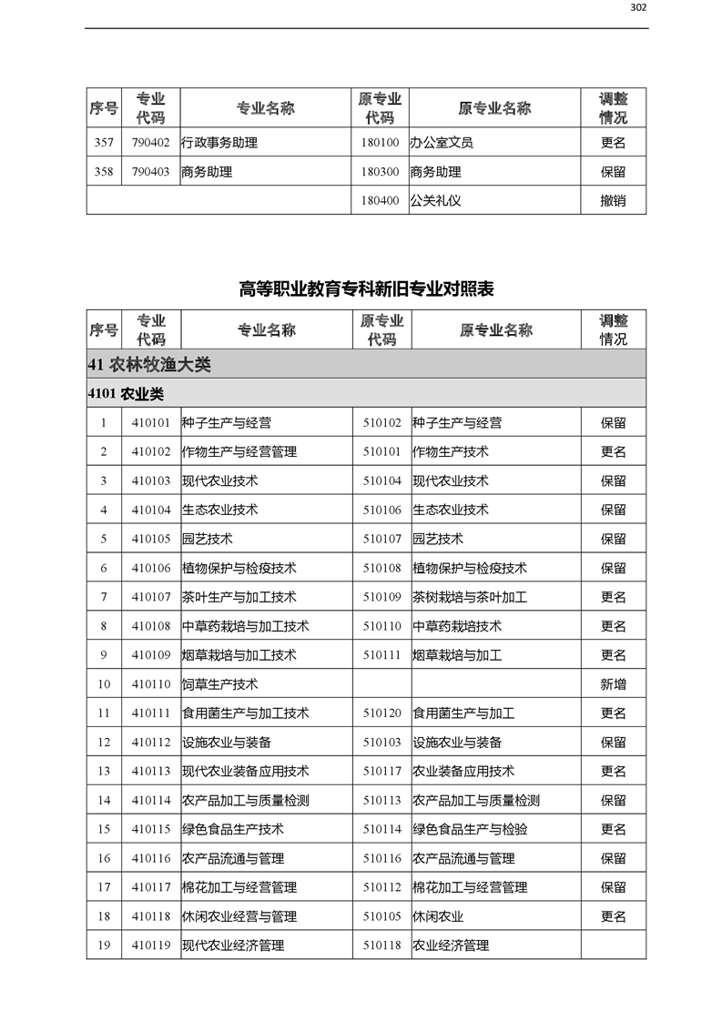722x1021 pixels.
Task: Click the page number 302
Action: (638, 8)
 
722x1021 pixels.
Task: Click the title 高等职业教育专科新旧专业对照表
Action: (366, 289)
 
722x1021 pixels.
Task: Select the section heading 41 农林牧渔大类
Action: (149, 364)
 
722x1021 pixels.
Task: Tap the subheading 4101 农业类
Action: (126, 393)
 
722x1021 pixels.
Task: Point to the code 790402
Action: (150, 143)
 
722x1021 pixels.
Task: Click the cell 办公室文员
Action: (442, 143)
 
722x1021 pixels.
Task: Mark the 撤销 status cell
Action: (613, 201)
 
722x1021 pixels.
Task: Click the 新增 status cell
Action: (613, 684)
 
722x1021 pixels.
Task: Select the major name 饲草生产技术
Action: (219, 684)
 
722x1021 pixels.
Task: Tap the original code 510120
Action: (381, 713)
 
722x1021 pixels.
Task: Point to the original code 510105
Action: (381, 916)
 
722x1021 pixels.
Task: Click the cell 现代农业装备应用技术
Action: (245, 772)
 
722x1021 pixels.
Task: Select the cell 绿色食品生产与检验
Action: (470, 829)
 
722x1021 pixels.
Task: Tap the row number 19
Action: (104, 945)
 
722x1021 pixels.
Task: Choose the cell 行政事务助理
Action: (219, 143)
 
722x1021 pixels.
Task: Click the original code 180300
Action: (380, 172)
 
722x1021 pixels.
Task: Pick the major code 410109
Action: (150, 655)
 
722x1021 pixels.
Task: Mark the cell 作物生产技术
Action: (451, 451)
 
